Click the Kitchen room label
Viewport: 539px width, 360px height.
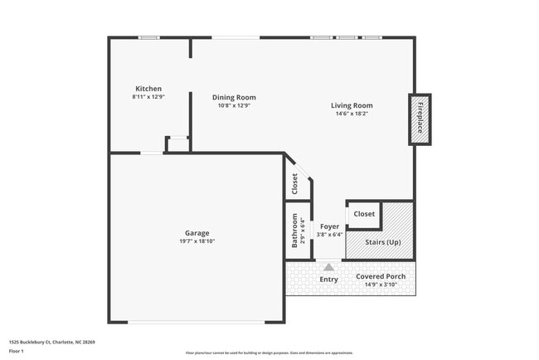click(x=148, y=89)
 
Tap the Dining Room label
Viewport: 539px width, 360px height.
click(x=234, y=97)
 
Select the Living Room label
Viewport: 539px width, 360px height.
click(x=352, y=105)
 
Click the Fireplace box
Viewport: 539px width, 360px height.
click(x=420, y=119)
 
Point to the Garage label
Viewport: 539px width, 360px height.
click(x=197, y=233)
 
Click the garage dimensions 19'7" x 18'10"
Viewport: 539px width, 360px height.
click(x=197, y=241)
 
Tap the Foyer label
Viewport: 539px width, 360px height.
click(x=329, y=226)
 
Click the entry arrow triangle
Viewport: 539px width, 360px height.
click(x=329, y=267)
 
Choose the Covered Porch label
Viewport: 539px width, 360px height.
click(x=381, y=276)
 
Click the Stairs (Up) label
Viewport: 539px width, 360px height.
click(x=383, y=242)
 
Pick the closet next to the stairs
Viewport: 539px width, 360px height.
click(x=364, y=214)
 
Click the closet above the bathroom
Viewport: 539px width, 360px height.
click(x=294, y=185)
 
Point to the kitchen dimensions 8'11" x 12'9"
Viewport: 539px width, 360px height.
click(x=148, y=97)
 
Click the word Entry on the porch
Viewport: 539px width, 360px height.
click(x=329, y=280)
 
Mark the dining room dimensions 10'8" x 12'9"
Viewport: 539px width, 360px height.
click(x=234, y=105)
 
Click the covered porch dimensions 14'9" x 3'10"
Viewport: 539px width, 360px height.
click(x=381, y=285)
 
